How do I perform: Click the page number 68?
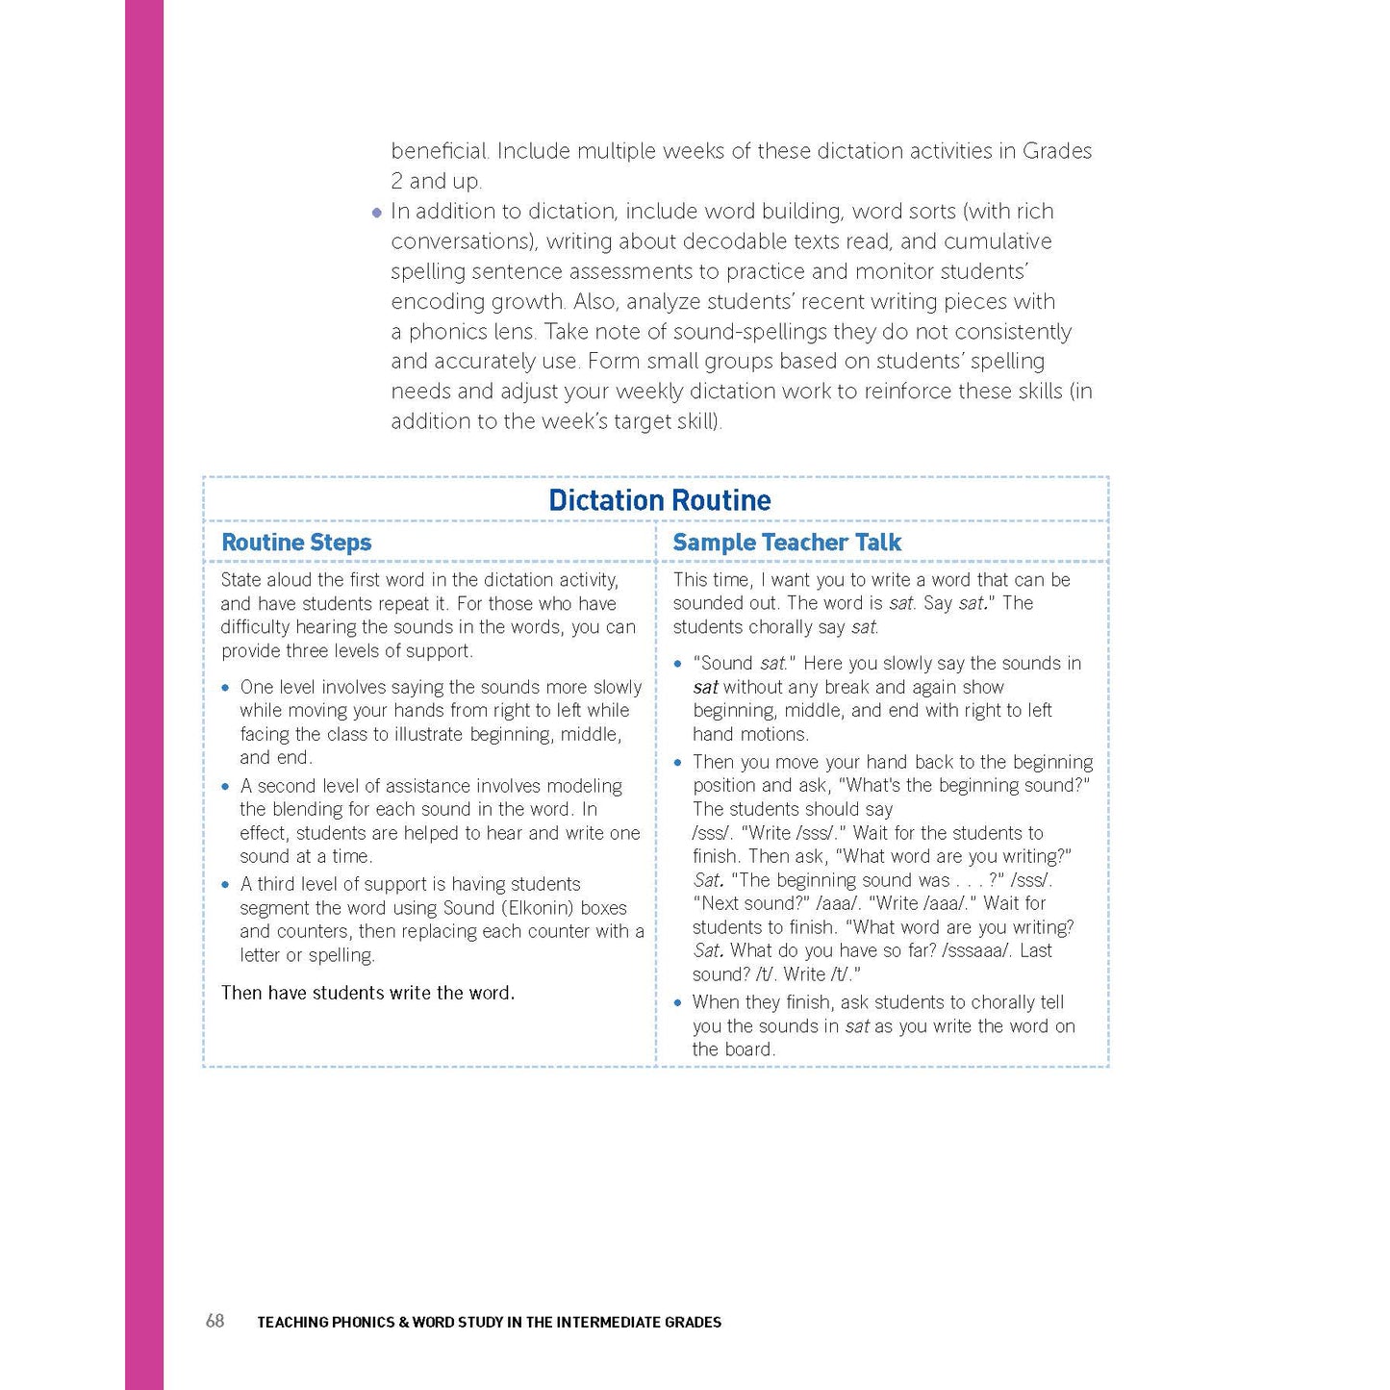[215, 1321]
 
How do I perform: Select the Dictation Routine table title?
[659, 500]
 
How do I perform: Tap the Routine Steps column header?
[296, 543]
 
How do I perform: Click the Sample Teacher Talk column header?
[786, 543]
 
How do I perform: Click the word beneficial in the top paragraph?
[440, 151]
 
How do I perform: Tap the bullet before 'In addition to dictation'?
[377, 213]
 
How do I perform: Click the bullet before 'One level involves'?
[226, 688]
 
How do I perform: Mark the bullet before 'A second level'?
[226, 787]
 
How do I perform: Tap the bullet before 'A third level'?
[226, 885]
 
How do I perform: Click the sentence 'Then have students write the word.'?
[367, 993]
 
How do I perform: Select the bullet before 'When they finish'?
[678, 1003]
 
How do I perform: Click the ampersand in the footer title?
[403, 1322]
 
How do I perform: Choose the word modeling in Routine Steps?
[584, 786]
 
